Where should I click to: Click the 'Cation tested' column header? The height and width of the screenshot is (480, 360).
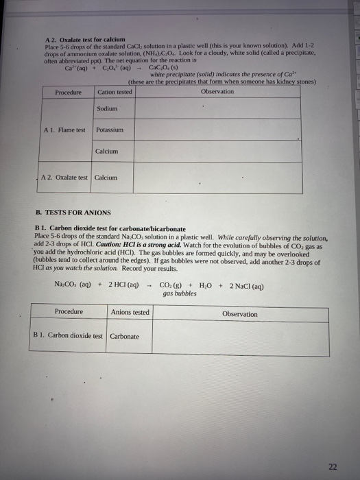115,92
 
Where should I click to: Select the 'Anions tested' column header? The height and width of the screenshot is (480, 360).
130,312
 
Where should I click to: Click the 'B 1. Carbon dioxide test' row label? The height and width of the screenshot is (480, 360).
68,336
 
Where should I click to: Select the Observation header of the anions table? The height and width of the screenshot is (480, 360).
239,313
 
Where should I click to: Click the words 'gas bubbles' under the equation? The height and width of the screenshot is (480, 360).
180,293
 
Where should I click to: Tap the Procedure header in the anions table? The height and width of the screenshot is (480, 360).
69,312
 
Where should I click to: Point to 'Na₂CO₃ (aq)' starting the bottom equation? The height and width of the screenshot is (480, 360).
75,285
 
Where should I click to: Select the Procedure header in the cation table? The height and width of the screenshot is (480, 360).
67,92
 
